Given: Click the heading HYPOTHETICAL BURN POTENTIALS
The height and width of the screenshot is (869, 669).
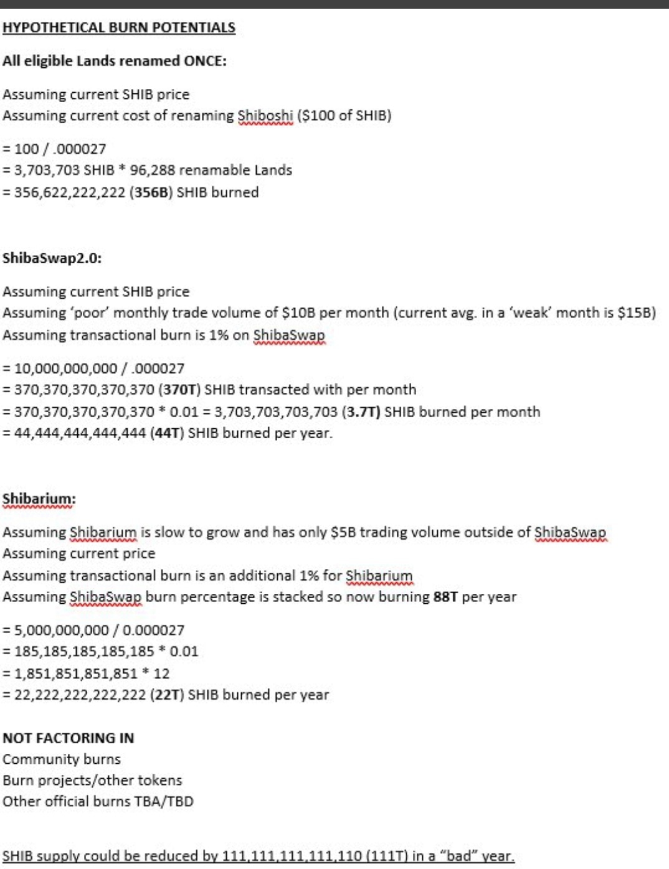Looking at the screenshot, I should click(x=119, y=27).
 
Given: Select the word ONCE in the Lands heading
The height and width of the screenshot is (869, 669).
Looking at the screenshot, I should click(x=204, y=61).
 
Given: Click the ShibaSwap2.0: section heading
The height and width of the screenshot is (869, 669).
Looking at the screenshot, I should click(x=52, y=258).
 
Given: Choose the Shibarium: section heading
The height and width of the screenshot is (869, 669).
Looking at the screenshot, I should click(x=39, y=499).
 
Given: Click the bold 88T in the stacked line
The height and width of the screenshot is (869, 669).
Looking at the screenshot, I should click(x=446, y=597).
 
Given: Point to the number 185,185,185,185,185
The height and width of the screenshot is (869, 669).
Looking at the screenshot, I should click(x=84, y=652).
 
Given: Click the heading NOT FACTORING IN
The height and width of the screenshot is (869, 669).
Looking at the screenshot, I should click(x=69, y=738).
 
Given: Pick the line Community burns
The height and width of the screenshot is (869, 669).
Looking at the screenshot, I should click(x=62, y=759).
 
